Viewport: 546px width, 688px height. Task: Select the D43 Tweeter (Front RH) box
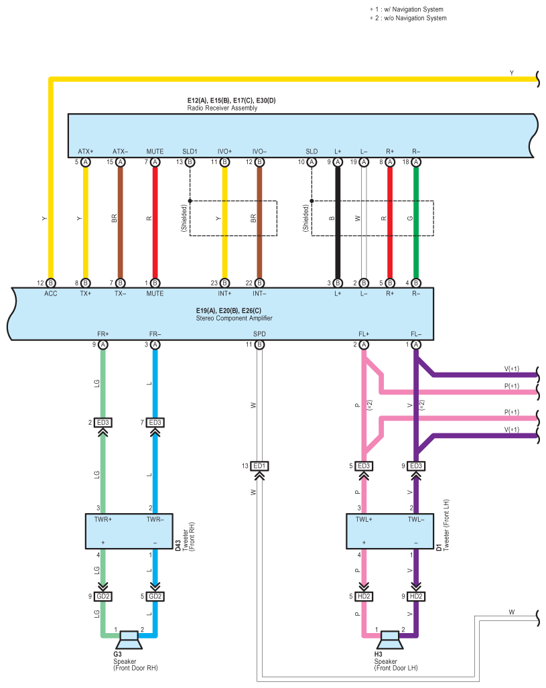pos(129,531)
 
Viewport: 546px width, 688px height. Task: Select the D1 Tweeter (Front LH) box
pos(390,531)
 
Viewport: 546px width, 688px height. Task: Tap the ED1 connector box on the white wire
pos(259,466)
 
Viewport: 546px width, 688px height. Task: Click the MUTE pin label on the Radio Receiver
pos(155,151)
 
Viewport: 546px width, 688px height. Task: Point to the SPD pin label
pos(259,334)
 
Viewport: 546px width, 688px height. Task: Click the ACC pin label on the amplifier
pos(50,293)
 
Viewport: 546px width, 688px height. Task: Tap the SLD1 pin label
pos(190,151)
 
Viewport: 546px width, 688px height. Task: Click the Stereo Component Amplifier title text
pos(234,318)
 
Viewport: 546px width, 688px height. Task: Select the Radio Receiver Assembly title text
pos(222,108)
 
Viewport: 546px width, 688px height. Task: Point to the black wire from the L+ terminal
pos(338,222)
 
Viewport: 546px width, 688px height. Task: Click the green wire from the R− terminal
pos(416,222)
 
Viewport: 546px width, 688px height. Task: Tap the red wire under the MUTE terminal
pos(155,222)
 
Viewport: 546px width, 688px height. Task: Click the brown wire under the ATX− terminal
pos(121,222)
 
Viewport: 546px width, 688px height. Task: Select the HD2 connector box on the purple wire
pos(416,596)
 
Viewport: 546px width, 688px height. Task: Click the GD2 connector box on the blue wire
pos(155,596)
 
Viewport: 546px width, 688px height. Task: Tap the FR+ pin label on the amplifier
pos(103,334)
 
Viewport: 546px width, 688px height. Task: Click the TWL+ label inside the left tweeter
pos(364,519)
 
